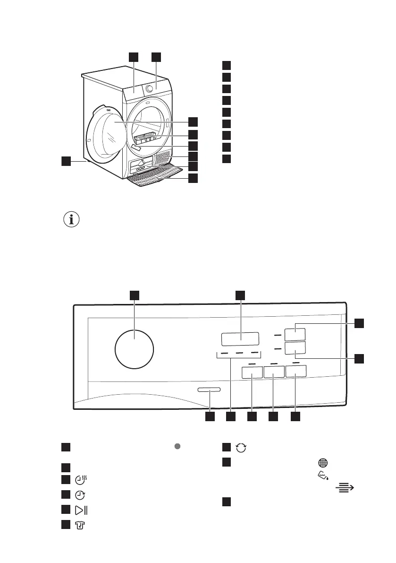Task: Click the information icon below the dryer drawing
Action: (71, 220)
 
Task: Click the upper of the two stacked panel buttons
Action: (295, 335)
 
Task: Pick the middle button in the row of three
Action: (274, 372)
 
